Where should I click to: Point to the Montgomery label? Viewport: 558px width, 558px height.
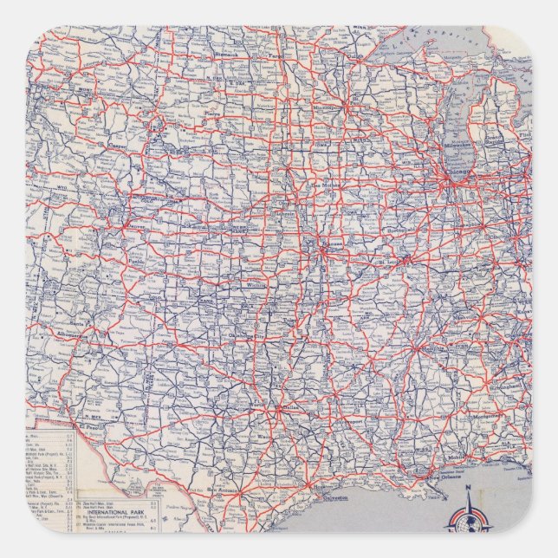tap(481, 417)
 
